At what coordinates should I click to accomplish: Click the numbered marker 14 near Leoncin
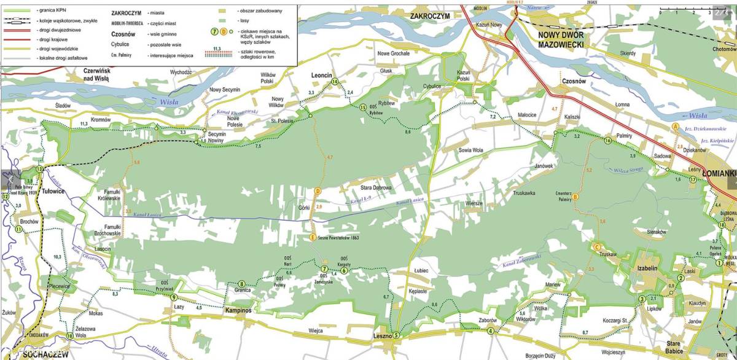(x=335, y=81)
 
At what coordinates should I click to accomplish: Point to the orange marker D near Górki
(x=318, y=192)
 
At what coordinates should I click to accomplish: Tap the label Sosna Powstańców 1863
(x=338, y=238)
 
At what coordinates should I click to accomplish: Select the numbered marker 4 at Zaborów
(x=490, y=332)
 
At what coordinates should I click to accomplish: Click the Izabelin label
(x=651, y=269)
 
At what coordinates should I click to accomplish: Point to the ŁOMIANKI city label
(x=719, y=173)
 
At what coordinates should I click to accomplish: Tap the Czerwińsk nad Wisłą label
(x=96, y=75)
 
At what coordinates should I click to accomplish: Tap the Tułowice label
(x=53, y=191)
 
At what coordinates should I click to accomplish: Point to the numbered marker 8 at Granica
(x=242, y=284)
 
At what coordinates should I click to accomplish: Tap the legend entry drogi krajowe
(x=52, y=37)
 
